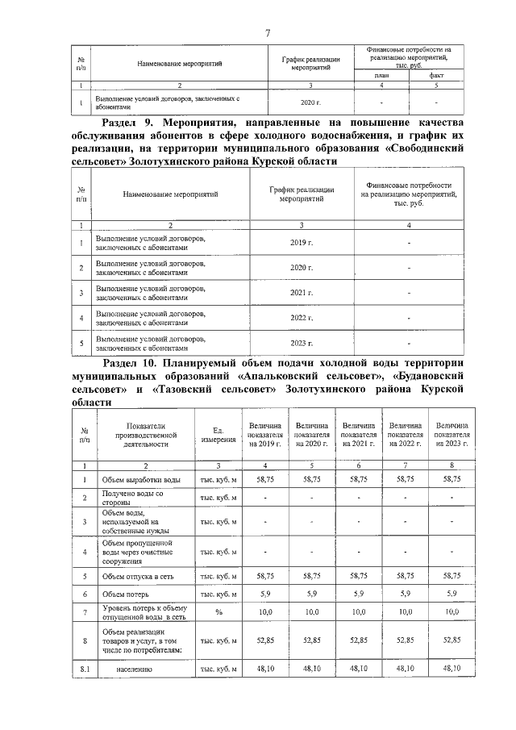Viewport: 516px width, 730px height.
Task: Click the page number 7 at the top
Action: coord(267,31)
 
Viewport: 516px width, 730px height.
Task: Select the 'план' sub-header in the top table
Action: coord(381,75)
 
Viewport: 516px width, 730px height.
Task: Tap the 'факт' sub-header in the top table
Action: coord(436,75)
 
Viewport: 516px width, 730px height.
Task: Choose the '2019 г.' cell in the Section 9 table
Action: coord(301,243)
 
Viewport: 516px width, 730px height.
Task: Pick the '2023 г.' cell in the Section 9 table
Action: coord(301,343)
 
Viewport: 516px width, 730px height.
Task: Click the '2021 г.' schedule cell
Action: coord(301,293)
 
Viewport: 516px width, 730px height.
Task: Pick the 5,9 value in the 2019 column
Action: coord(265,594)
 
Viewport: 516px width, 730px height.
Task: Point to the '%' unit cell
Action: coord(218,614)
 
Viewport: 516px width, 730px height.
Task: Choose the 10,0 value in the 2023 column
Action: coord(451,614)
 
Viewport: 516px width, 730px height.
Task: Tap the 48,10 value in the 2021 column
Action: coord(359,669)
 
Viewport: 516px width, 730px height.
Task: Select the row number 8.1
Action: coord(83,669)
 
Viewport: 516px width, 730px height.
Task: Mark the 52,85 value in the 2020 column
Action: coord(312,641)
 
